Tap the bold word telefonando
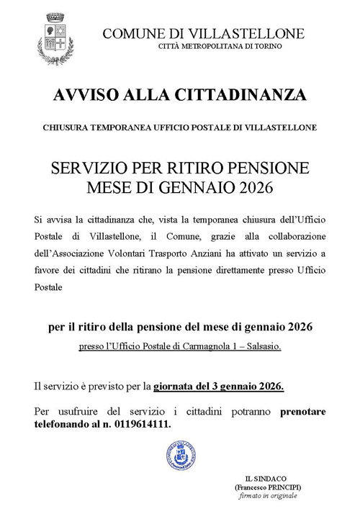pos(63,425)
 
